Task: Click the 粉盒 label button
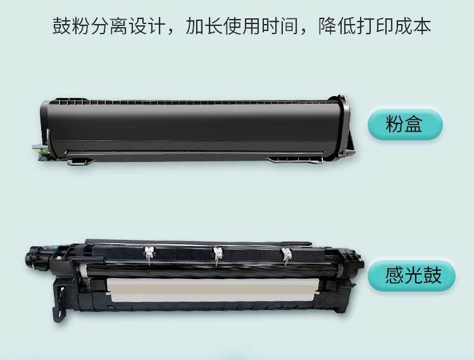[x=405, y=125]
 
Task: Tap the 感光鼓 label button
[x=411, y=276]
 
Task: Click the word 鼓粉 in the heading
[x=71, y=26]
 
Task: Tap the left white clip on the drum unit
[x=149, y=254]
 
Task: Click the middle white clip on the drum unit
[x=218, y=254]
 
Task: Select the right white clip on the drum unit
[x=285, y=256]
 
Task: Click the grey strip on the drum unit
[x=213, y=290]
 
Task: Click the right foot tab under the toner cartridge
[x=295, y=160]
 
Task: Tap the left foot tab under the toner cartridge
[x=80, y=162]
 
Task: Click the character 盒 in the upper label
[x=413, y=125]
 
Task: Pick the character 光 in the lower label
[x=413, y=276]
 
